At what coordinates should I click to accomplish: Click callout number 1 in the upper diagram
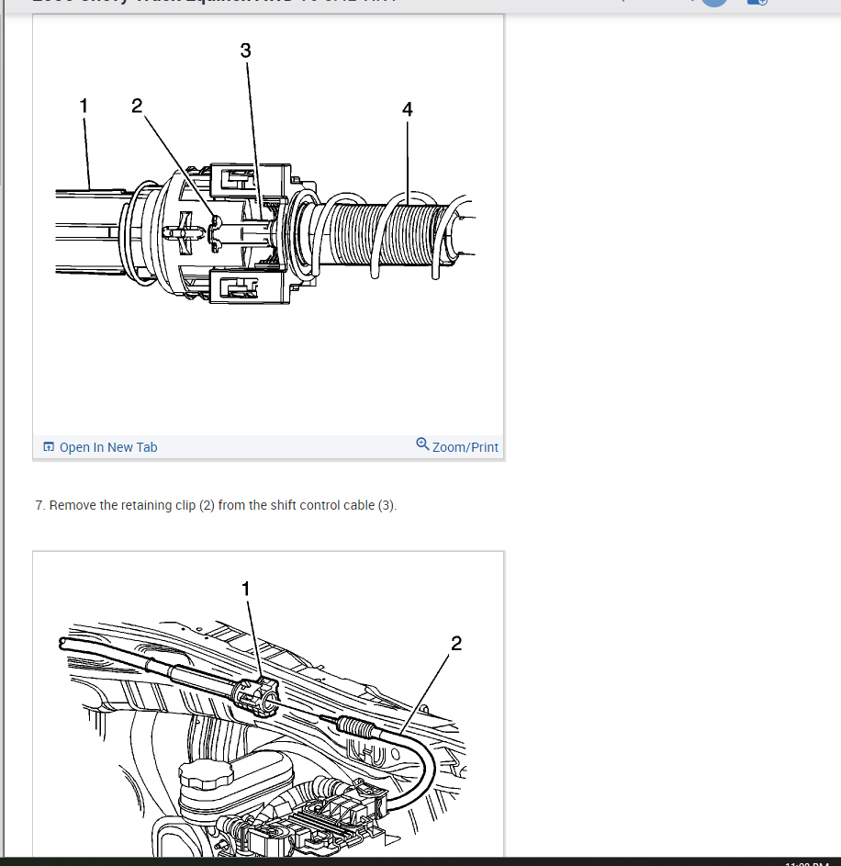pos(84,106)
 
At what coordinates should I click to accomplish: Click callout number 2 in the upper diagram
pos(137,106)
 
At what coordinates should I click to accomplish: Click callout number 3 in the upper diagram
pos(245,51)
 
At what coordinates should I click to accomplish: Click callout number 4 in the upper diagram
pos(408,109)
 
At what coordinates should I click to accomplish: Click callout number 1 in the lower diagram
pos(245,588)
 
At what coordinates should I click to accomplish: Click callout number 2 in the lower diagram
pos(456,643)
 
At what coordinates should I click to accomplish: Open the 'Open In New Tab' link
pos(108,447)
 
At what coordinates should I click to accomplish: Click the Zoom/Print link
pos(465,447)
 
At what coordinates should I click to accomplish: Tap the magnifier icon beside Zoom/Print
pos(422,444)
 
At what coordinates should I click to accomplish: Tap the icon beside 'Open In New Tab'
pos(49,447)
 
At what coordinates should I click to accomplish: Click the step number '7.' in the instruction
pos(40,505)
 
